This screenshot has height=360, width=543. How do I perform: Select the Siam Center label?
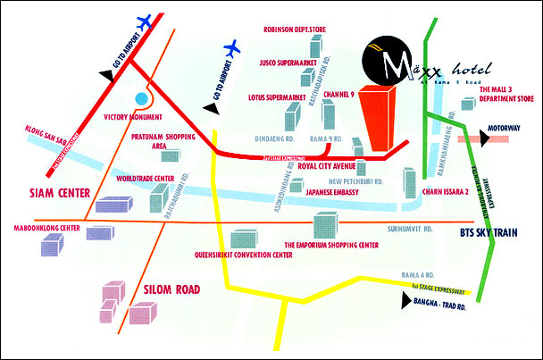[45, 191]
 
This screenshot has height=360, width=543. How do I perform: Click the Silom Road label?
[171, 289]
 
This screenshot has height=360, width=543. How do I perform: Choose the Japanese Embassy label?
[335, 190]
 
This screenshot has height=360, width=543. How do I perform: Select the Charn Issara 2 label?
[445, 189]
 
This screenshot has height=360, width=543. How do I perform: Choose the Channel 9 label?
[339, 93]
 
